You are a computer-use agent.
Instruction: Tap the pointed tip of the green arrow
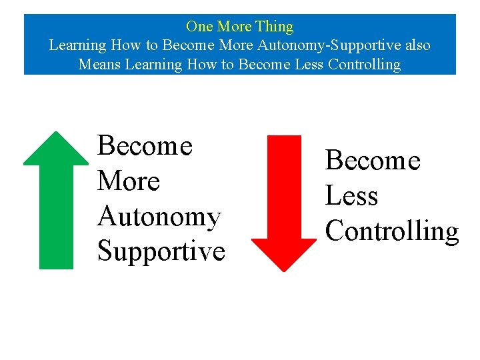click(57, 133)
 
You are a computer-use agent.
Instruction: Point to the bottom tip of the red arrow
click(284, 270)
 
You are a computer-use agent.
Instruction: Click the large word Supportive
click(161, 251)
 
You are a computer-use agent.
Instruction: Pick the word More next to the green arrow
click(129, 181)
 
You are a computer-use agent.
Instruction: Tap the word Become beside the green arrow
click(145, 146)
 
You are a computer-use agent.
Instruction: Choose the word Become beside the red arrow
click(373, 161)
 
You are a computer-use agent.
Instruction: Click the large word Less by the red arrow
click(351, 196)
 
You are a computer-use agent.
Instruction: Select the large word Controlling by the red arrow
click(392, 231)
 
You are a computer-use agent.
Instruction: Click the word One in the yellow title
click(199, 27)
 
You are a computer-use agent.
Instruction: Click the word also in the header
click(415, 45)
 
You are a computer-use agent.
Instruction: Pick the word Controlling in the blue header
click(363, 65)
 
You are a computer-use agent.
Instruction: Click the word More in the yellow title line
click(235, 27)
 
